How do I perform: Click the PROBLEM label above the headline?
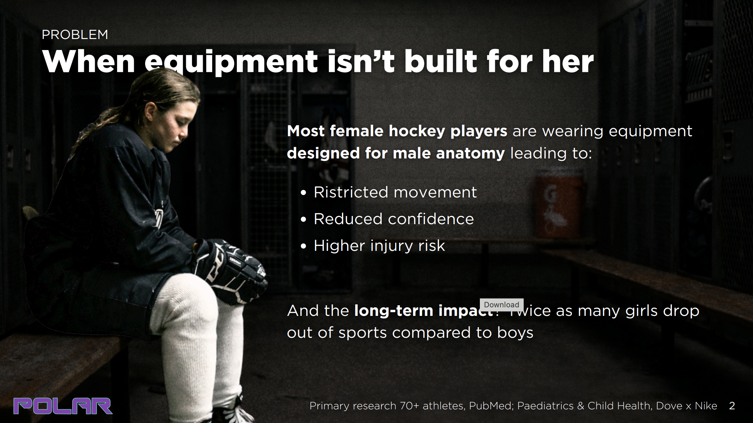coord(75,35)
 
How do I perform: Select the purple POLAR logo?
coord(63,406)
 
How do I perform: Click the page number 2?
coord(732,406)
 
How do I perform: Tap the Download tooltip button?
coord(501,305)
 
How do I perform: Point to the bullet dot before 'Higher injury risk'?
coord(303,246)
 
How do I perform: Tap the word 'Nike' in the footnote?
coord(706,406)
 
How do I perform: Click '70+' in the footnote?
coord(410,406)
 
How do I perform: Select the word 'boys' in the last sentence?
coord(515,333)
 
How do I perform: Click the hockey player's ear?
coord(150,112)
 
